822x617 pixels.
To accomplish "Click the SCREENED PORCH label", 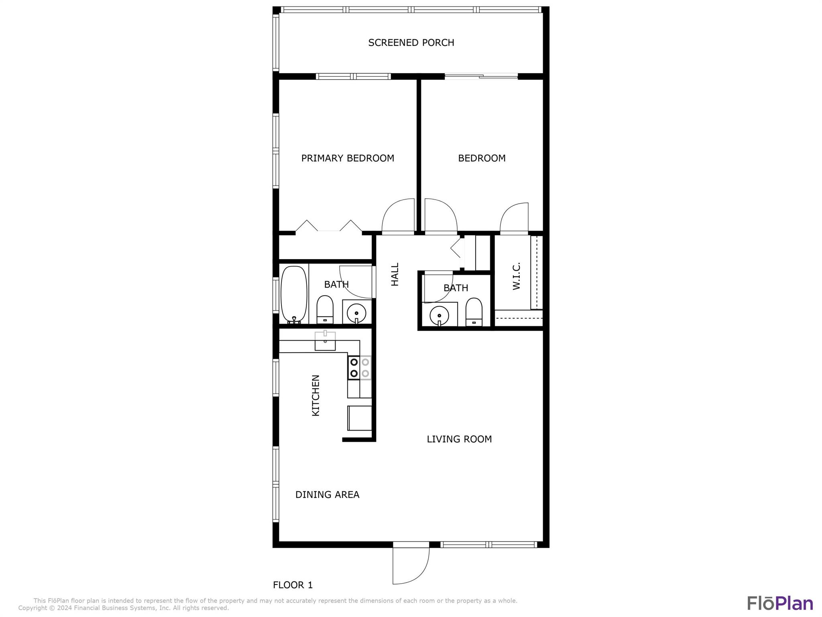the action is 411,43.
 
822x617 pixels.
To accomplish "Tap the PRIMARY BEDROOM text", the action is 348,158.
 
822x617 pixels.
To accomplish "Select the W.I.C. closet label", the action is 517,276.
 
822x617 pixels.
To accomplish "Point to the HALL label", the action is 395,274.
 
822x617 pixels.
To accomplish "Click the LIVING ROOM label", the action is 459,439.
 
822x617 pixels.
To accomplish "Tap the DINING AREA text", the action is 327,494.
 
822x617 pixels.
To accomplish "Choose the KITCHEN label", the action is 316,395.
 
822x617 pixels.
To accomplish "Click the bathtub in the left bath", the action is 294,295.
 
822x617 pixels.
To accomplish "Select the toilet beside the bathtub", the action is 325,310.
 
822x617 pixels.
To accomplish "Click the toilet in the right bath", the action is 474,312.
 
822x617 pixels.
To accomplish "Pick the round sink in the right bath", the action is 439,315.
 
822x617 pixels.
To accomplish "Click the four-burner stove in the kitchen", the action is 359,368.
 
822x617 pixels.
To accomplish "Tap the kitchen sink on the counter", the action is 325,341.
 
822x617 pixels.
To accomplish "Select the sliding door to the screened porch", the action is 481,76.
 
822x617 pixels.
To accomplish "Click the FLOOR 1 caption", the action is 293,585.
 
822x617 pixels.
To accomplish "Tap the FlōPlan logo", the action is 780,603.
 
